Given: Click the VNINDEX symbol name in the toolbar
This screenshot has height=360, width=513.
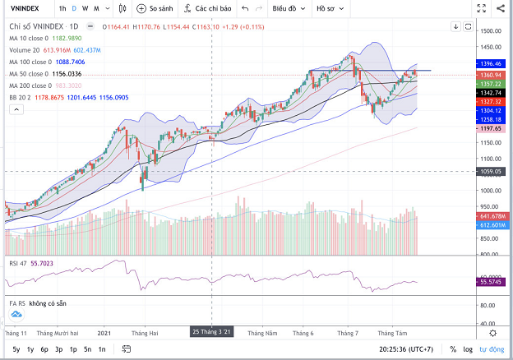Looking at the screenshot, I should pos(25,9).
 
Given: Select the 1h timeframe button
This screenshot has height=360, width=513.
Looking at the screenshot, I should pos(62,9).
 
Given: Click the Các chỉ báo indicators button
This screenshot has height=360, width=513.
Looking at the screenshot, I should pos(206,9).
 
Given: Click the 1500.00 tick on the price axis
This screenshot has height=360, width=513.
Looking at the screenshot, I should pos(492,31).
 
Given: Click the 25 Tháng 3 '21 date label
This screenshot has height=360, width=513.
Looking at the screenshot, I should pos(212,332).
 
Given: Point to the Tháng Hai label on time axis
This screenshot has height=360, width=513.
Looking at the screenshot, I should pos(145,333).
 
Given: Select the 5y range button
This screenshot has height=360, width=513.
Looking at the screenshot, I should pos(16,349).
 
